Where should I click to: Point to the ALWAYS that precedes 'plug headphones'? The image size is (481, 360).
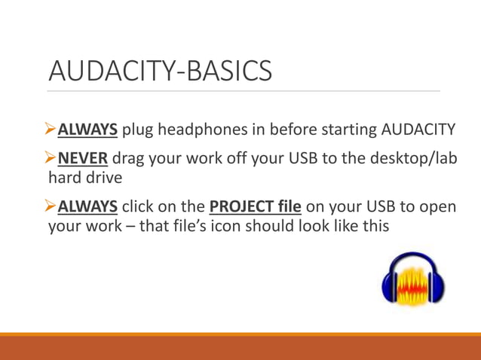[x=87, y=130]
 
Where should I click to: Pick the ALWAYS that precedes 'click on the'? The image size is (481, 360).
[x=87, y=206]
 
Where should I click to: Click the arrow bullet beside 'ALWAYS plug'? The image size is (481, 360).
[x=52, y=130]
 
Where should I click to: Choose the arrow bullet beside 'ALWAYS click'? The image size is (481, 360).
[x=52, y=206]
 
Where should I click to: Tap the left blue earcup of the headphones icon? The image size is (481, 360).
[x=391, y=286]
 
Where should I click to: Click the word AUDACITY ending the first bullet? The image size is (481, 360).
[x=419, y=130]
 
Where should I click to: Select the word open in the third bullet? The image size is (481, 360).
[x=440, y=206]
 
